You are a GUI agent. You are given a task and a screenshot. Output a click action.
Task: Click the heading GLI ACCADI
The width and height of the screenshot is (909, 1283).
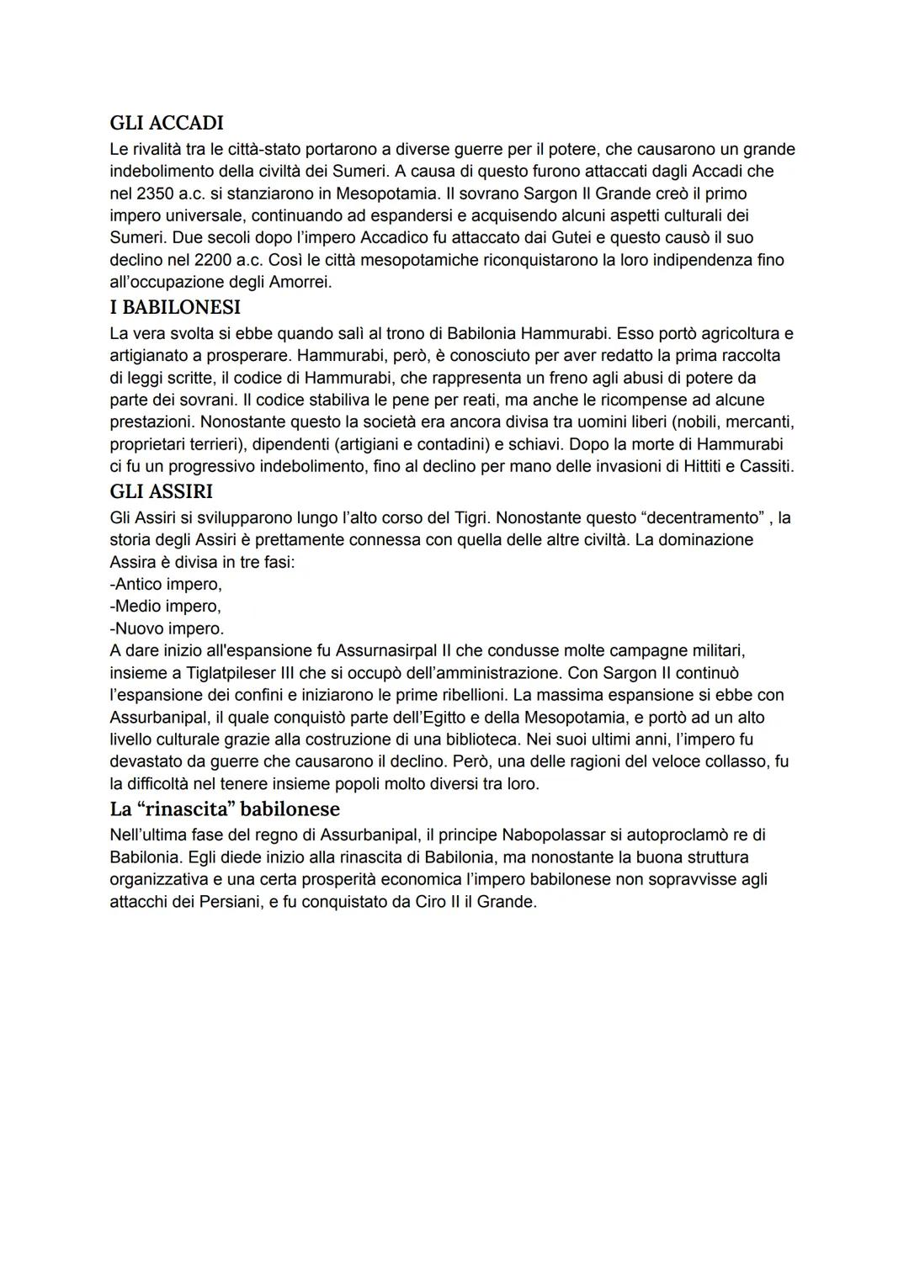click(x=167, y=123)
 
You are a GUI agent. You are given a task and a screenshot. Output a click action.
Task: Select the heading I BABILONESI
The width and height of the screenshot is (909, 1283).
click(x=175, y=307)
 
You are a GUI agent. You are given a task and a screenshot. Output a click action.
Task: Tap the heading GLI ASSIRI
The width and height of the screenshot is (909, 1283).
click(x=162, y=491)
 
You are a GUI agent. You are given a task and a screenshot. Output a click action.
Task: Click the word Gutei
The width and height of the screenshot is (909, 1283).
click(x=566, y=238)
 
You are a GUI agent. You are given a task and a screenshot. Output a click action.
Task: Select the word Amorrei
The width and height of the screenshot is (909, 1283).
click(x=298, y=282)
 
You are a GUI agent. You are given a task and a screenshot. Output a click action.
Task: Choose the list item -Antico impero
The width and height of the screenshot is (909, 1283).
click(x=166, y=584)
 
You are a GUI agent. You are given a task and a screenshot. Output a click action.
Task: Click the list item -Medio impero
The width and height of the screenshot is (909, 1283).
click(x=166, y=606)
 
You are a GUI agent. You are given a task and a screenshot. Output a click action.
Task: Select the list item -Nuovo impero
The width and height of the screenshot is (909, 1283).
click(x=167, y=628)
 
